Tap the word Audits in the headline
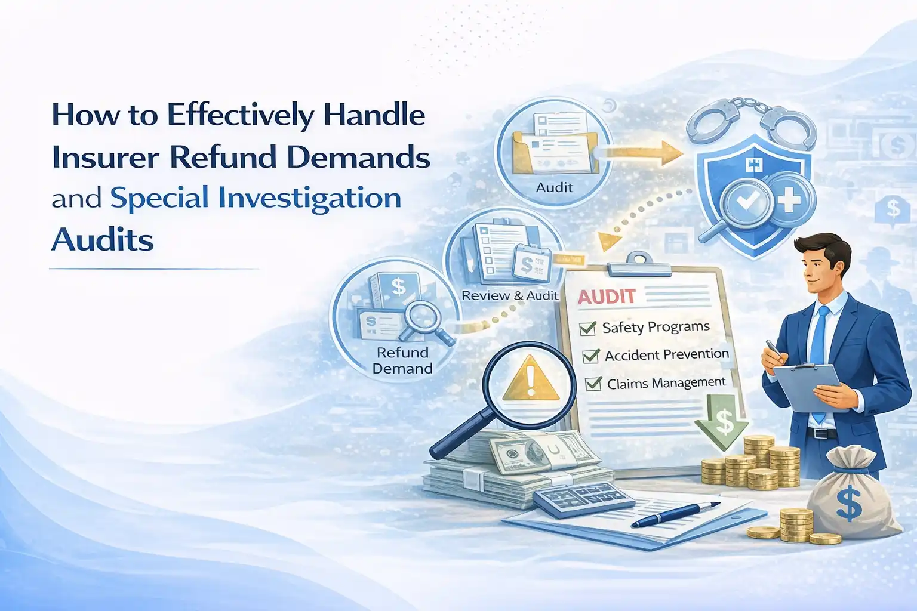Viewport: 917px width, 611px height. tap(102, 240)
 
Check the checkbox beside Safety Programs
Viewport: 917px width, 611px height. tap(588, 329)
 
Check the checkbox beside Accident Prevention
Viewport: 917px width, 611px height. tap(590, 356)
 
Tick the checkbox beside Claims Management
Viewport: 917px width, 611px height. tap(593, 384)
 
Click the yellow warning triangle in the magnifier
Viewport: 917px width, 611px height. tap(531, 378)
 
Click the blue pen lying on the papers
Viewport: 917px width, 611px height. tap(675, 514)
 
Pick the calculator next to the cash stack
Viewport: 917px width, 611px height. tap(584, 499)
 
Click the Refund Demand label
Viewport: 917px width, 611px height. tap(402, 360)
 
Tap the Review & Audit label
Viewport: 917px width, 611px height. tap(510, 295)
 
